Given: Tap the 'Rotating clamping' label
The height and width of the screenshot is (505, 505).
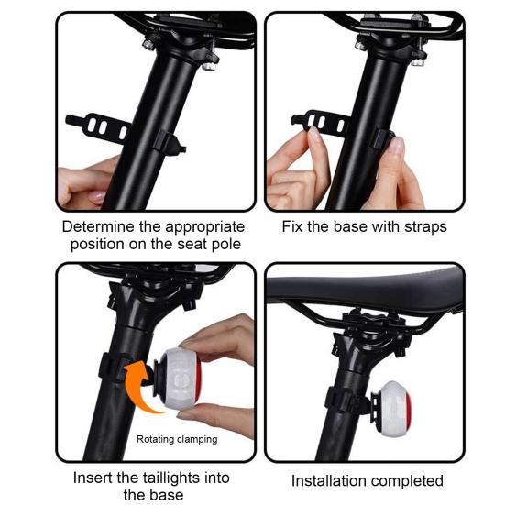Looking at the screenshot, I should coord(177,439).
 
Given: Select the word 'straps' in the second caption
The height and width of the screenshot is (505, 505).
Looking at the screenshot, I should coord(423,226).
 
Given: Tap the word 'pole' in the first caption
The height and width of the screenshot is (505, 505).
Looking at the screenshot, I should coord(223,244).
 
